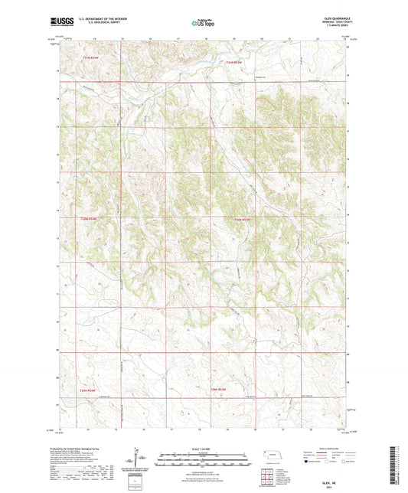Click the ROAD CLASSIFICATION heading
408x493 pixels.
(331, 449)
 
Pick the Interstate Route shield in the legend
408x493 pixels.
(308, 462)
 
